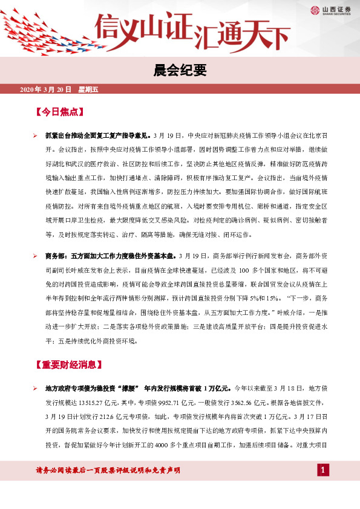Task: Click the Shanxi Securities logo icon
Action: coord(315,10)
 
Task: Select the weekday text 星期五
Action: coord(88,89)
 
